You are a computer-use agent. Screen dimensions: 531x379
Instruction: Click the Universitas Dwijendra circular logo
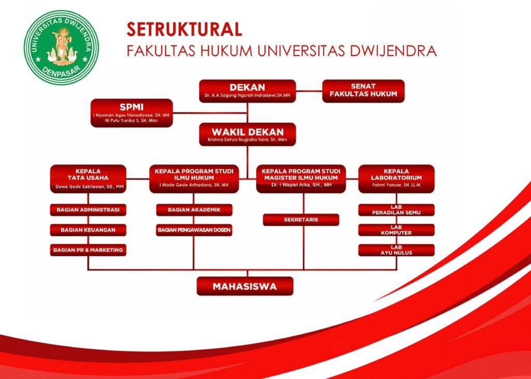(x=61, y=47)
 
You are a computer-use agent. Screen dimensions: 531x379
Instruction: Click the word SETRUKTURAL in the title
(x=184, y=30)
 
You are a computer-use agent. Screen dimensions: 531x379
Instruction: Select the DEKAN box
(x=247, y=91)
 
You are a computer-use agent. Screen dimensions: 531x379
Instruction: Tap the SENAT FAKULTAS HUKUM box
(x=364, y=91)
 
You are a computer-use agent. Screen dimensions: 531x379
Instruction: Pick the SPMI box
(x=132, y=113)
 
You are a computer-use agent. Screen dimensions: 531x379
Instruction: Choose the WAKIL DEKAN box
(x=247, y=134)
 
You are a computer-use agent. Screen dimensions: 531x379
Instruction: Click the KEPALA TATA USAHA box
(x=88, y=179)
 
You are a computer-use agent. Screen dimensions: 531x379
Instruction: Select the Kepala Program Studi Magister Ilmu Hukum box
(x=301, y=179)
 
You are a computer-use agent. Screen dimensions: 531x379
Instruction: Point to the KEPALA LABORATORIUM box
(x=396, y=179)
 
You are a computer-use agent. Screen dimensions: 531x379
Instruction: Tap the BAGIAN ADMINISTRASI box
(x=88, y=210)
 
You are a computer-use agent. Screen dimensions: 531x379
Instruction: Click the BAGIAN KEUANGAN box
(x=88, y=230)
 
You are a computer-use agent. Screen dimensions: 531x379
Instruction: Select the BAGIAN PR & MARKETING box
(x=88, y=250)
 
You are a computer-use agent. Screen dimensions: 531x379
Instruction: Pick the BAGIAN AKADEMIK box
(x=194, y=210)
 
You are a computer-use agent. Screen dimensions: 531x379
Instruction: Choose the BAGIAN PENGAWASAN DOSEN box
(x=194, y=230)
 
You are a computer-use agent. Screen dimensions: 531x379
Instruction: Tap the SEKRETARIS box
(x=301, y=220)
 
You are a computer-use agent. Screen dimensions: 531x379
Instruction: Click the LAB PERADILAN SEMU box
(x=396, y=210)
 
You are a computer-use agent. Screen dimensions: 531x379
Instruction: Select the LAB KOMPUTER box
(x=396, y=230)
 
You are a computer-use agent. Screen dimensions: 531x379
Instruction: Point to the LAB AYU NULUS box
(x=396, y=250)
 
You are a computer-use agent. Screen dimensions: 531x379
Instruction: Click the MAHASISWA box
(x=245, y=286)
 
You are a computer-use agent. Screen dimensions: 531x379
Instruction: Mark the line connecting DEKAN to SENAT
(x=309, y=91)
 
